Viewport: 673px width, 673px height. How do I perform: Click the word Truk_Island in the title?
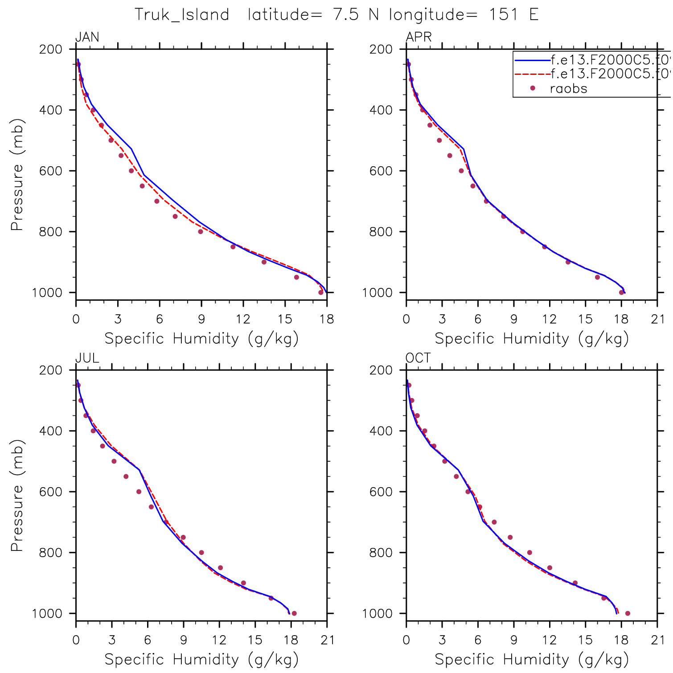pos(182,15)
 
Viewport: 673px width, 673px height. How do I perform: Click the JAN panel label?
pos(87,37)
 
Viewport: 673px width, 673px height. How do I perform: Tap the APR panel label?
pos(419,37)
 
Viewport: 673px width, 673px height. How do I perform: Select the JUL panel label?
pos(87,358)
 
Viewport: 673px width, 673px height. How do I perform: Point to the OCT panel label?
pos(418,358)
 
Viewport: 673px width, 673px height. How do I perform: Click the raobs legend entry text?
pos(568,89)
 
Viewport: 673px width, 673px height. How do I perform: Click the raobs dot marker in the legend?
pos(532,88)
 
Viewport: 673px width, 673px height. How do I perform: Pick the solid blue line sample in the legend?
pos(532,59)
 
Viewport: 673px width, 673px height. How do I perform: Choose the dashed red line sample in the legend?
pos(532,74)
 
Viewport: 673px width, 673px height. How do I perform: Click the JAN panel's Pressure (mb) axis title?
pos(17,175)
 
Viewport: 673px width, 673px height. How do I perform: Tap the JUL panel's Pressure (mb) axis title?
pos(17,496)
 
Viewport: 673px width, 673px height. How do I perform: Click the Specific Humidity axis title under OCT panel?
pos(532,659)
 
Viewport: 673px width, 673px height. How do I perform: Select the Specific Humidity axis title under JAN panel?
pos(201,339)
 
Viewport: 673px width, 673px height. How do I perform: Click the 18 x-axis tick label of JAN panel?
pos(327,319)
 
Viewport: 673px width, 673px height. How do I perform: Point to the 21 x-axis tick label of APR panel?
pos(657,319)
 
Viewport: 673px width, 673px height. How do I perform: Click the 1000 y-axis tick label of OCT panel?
pos(377,614)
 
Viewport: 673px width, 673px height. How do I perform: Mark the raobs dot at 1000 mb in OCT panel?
pos(628,613)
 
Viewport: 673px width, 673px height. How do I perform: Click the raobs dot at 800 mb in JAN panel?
pos(201,232)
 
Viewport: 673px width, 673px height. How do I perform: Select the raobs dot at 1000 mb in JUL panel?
pos(294,613)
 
